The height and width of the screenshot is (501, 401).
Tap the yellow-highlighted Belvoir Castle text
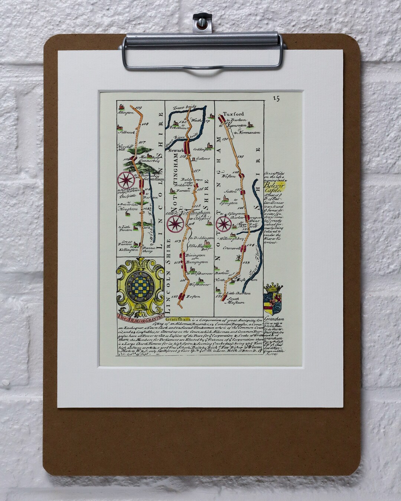pos(272,186)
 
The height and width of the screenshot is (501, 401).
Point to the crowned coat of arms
pos(273,297)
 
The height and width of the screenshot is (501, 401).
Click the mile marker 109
pos(140,108)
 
